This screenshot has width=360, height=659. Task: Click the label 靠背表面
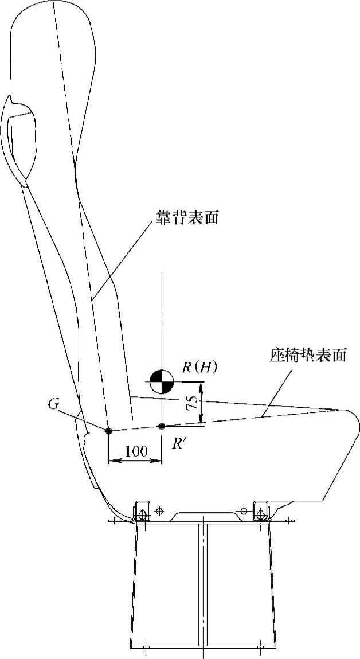coord(187,219)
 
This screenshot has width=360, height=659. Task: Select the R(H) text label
coord(199,368)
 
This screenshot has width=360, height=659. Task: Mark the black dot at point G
coord(108,430)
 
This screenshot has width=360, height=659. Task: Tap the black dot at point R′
coord(162,426)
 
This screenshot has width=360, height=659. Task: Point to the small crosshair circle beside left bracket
coord(159,510)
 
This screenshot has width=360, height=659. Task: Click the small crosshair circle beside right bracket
coord(244,510)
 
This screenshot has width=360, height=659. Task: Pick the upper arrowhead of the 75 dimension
coord(201,385)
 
